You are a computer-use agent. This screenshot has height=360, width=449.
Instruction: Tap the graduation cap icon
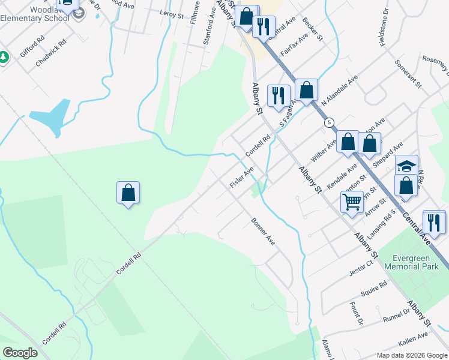pyautogui.click(x=406, y=166)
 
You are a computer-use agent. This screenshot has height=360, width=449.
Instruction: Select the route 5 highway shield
pyautogui.click(x=329, y=122)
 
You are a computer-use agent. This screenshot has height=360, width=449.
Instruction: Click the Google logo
pyautogui.click(x=20, y=353)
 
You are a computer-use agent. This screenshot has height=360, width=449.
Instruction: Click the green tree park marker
pyautogui.click(x=4, y=58)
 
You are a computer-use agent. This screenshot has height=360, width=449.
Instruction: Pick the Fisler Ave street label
pyautogui.click(x=242, y=177)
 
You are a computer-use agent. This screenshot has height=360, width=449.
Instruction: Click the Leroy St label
pyautogui.click(x=171, y=14)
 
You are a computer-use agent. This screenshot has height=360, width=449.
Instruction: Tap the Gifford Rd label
pyautogui.click(x=32, y=46)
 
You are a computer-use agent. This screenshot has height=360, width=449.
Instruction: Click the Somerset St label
pyautogui.click(x=408, y=74)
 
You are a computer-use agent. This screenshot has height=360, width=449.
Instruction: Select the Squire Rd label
pyautogui.click(x=373, y=291)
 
